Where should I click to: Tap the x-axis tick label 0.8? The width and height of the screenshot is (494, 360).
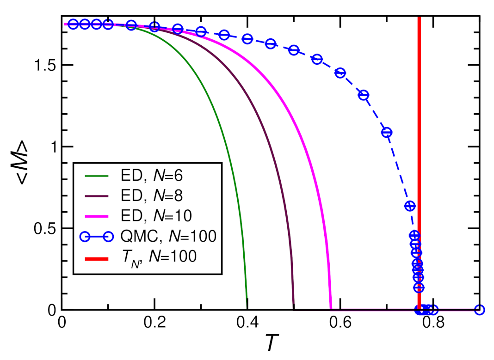pos(433,322)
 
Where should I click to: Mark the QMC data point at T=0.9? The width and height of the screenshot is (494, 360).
pos(480,310)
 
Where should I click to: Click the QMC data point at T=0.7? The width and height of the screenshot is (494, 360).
pos(387,133)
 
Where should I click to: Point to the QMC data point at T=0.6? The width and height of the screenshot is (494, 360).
pos(340,73)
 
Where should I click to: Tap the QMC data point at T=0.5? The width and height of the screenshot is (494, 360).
pos(294,50)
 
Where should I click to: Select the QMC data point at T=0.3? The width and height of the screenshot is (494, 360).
pos(201,32)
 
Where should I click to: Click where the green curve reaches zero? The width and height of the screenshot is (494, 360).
pos(247,309)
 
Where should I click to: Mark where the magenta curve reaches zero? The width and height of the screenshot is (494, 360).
pos(331,309)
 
